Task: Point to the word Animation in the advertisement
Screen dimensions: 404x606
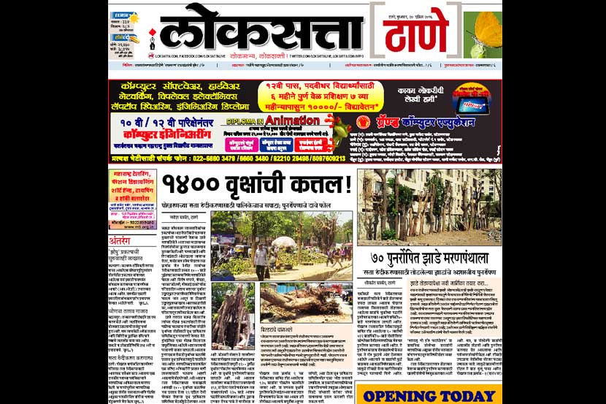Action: (292, 118)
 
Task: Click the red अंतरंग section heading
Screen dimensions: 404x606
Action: (120, 240)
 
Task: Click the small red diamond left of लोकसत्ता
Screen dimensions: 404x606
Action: (153, 32)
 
